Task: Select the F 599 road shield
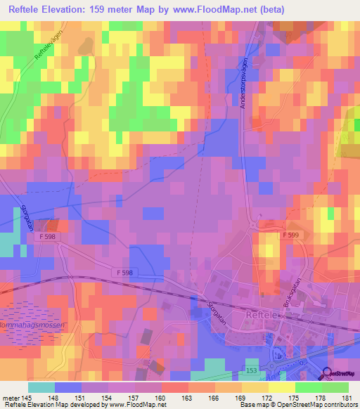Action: point(292,235)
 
